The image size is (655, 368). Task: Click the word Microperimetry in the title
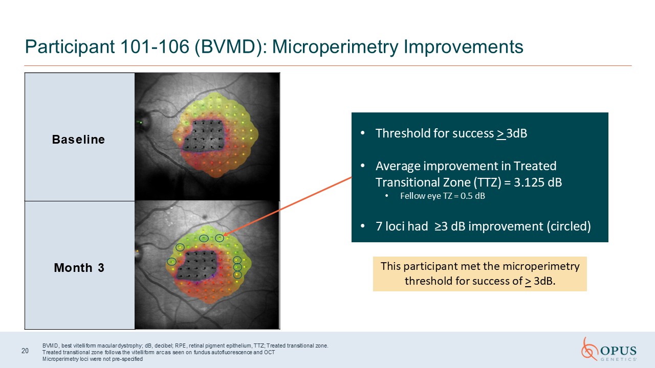pos(335,47)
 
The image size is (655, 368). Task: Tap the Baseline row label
pos(78,140)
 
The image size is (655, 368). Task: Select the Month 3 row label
pos(79,268)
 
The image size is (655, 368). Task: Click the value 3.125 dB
pos(538,182)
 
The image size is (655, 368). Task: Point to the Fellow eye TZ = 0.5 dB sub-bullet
pos(443,196)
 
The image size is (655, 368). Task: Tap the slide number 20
pos(25,351)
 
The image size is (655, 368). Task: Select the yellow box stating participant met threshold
pos(480,274)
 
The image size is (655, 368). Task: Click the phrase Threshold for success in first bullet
pos(434,133)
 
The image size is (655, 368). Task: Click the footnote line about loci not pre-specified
pos(93,359)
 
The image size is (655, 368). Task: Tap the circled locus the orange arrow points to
pos(220,238)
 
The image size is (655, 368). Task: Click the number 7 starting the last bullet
pos(379,226)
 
